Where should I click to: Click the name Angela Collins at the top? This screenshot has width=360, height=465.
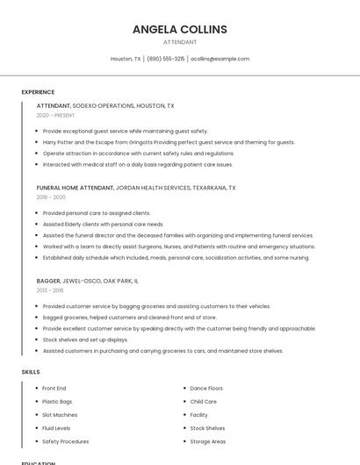tap(180, 29)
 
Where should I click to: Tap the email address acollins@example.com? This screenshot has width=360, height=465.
tap(220, 59)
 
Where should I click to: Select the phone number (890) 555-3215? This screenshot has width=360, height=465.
tap(165, 59)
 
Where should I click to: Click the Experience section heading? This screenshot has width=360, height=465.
tap(38, 92)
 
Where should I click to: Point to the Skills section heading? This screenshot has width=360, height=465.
tap(31, 372)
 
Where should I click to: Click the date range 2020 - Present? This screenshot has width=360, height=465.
tap(55, 115)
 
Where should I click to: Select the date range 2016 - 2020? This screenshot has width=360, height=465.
tap(51, 197)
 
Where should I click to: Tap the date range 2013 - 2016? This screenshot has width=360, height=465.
tap(50, 290)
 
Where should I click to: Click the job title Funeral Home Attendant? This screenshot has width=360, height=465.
tap(76, 188)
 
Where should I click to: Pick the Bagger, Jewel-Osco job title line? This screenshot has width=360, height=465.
tap(87, 281)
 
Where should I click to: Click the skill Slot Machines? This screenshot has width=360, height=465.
tap(60, 415)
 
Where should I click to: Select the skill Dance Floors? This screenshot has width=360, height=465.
tap(206, 388)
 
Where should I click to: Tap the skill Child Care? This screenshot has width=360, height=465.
tap(203, 402)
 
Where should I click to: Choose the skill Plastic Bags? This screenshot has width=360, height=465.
tap(58, 402)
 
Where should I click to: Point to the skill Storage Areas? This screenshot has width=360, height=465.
tap(208, 441)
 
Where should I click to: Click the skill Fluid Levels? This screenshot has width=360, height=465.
tap(57, 428)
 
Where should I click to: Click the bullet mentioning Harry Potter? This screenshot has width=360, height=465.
tap(169, 142)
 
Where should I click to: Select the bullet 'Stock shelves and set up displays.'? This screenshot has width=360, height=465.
tap(85, 340)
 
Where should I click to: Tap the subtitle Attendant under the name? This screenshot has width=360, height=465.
tap(180, 42)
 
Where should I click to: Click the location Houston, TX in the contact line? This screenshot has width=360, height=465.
tap(126, 59)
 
